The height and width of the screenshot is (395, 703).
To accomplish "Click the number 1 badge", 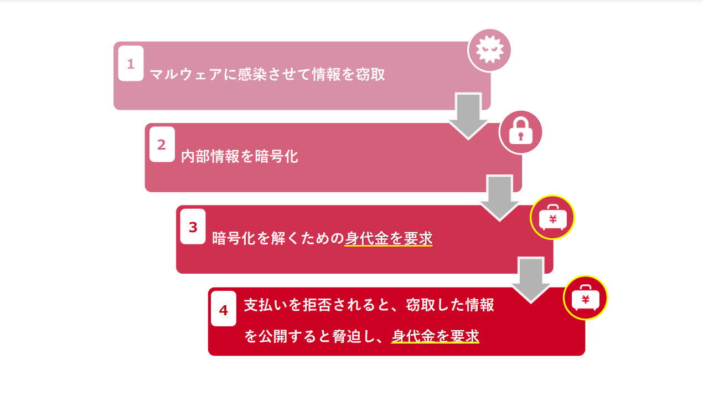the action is (x=131, y=63).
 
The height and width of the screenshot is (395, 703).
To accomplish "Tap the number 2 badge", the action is (x=162, y=145).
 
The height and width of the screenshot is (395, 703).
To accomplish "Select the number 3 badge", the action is (x=193, y=227).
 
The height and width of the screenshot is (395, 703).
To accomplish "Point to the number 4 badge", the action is (x=224, y=309).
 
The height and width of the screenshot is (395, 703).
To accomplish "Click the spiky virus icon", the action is (x=489, y=50).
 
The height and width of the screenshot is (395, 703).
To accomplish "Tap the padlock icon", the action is (x=521, y=132).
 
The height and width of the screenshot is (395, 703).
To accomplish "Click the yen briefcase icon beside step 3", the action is (x=552, y=217).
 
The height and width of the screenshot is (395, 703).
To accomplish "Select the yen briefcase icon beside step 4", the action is (x=585, y=297).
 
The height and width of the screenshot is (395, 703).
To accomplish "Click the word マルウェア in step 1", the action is (x=186, y=75).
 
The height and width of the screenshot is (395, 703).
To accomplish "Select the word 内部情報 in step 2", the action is (x=210, y=156).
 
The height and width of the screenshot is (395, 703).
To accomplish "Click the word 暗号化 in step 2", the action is (x=276, y=156).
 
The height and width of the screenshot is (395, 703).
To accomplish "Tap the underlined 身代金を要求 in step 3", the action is (x=389, y=238).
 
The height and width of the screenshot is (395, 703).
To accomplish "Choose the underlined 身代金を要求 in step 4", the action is (x=435, y=336).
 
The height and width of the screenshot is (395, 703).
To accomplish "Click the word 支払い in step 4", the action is (x=266, y=305).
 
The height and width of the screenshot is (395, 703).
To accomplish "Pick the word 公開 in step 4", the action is (x=273, y=336).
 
